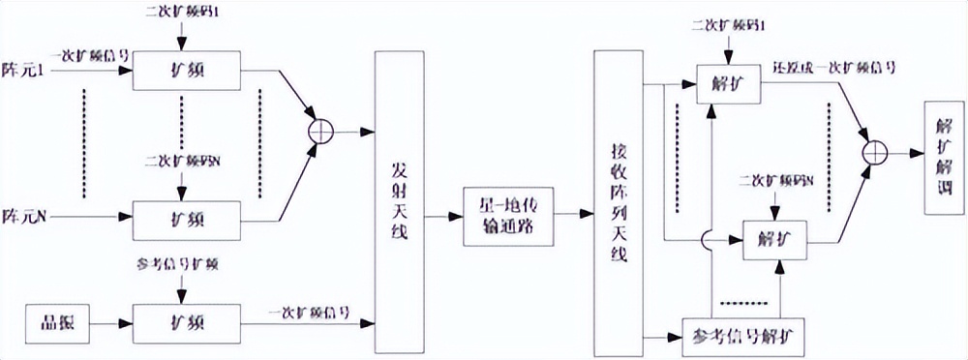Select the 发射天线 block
pos(399,198)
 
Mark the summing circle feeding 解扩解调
pos(875,150)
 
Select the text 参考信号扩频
pos(180,263)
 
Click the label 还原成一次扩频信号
pos(832,71)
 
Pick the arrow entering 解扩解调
pos(906,151)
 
